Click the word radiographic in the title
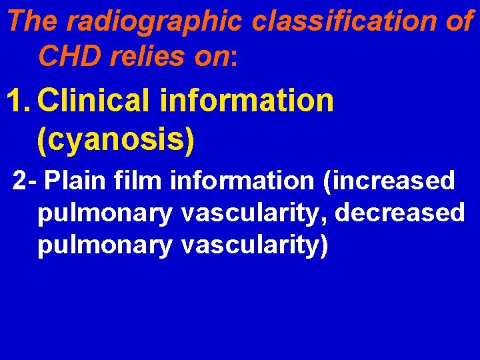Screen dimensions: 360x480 click(155, 23)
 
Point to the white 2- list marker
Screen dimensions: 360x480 click(25, 181)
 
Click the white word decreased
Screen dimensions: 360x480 click(400, 213)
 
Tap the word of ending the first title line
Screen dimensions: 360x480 click(461, 23)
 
